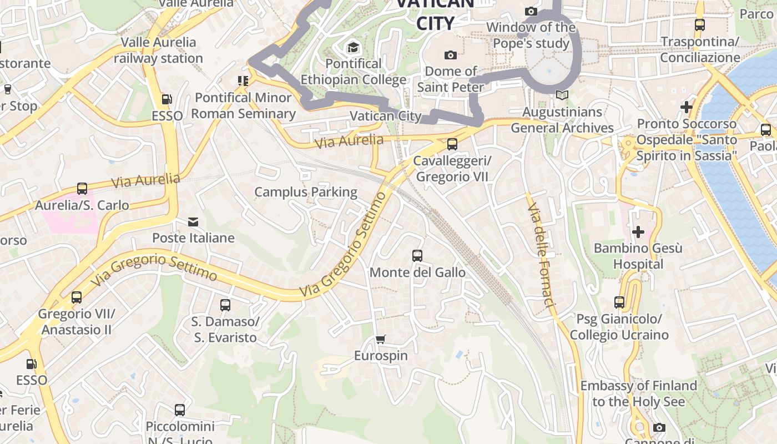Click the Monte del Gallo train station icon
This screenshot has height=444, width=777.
417,256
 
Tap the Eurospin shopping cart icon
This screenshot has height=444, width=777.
381,339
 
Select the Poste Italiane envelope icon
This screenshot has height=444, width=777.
193,222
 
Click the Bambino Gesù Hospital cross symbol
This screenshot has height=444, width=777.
638,231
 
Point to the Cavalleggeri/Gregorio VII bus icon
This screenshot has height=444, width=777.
452,144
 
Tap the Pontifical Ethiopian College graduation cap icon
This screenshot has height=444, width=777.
353,48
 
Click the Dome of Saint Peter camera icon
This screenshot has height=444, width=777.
451,55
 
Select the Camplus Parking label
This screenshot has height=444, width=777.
306,192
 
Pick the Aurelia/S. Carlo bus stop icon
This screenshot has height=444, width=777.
82,189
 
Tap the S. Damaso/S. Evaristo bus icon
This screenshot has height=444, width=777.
225,305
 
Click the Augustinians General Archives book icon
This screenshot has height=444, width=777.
562,95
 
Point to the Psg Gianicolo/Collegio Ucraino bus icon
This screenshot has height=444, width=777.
619,302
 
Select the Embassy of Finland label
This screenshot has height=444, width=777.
638,393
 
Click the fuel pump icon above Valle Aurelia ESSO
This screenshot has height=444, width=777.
167,100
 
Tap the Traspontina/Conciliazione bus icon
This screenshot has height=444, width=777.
700,25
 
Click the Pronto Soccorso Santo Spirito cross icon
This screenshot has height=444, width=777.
687,107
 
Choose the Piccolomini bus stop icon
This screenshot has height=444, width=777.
180,410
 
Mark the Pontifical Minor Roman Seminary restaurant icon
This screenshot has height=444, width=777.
243,82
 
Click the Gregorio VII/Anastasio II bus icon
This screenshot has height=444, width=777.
77,297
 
